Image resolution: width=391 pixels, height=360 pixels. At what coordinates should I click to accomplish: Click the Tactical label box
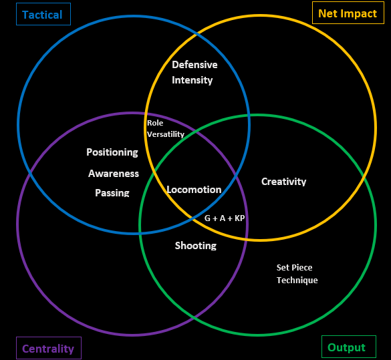[x=43, y=14]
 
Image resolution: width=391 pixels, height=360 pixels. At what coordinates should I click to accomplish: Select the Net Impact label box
[x=348, y=13]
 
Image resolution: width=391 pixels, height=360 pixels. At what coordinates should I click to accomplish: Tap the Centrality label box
[x=49, y=348]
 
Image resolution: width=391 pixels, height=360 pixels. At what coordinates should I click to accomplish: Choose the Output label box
[x=349, y=347]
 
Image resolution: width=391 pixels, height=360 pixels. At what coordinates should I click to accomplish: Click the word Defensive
[x=194, y=65]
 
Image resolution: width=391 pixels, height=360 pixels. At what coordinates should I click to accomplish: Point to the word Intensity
[x=192, y=80]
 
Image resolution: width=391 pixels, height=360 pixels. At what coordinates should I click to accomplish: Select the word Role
[x=155, y=123]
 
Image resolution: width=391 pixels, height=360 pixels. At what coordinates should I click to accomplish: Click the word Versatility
[x=166, y=134]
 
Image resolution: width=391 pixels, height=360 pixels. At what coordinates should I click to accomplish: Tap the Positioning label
[x=112, y=152]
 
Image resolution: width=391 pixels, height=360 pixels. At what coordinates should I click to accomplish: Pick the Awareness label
[x=114, y=174]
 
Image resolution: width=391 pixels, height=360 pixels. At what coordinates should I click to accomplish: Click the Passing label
[x=112, y=192]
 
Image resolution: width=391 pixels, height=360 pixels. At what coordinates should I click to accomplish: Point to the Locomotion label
[x=194, y=190]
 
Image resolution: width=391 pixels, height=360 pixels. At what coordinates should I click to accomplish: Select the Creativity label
[x=284, y=182]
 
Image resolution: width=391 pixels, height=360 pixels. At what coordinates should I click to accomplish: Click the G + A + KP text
[x=225, y=218]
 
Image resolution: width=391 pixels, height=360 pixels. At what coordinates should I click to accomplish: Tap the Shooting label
[x=196, y=246]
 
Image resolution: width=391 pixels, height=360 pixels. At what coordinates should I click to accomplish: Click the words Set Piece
[x=294, y=267]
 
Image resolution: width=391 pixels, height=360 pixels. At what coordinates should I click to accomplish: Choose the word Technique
[x=297, y=281]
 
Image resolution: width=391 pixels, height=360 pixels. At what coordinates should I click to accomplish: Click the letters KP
[x=240, y=218]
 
